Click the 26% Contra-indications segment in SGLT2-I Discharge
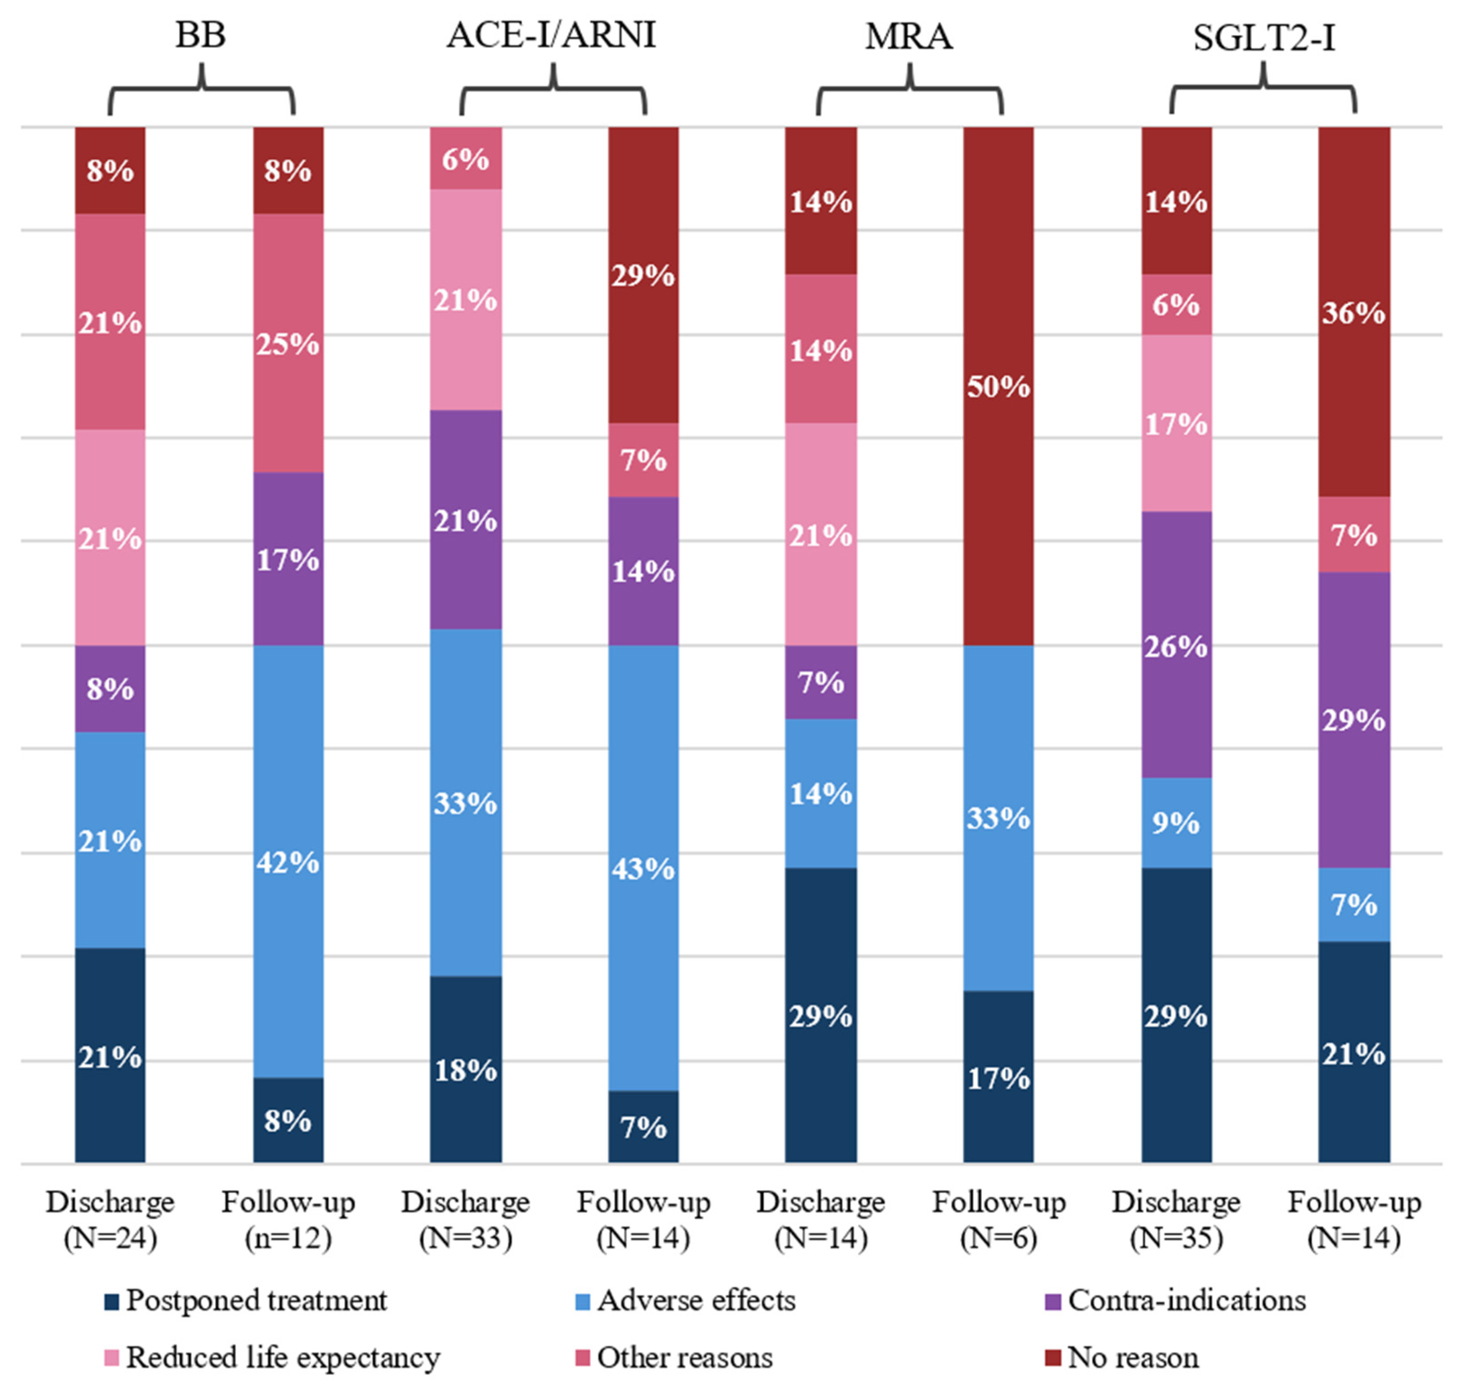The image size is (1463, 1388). click(x=1176, y=645)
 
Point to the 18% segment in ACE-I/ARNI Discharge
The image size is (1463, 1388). click(x=465, y=1069)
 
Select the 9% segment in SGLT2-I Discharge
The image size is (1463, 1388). click(x=1176, y=822)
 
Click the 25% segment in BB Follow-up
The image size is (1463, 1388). click(x=288, y=344)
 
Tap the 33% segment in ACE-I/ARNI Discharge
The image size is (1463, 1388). click(x=465, y=802)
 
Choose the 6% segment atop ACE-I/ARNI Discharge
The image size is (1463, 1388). click(x=465, y=158)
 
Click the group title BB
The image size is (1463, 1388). click(x=200, y=36)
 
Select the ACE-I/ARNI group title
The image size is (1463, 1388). click(x=551, y=36)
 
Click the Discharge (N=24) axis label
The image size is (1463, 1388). click(x=110, y=1219)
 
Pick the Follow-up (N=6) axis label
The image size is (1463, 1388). click(x=998, y=1219)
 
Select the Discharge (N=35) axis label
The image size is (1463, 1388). click(x=1176, y=1219)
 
